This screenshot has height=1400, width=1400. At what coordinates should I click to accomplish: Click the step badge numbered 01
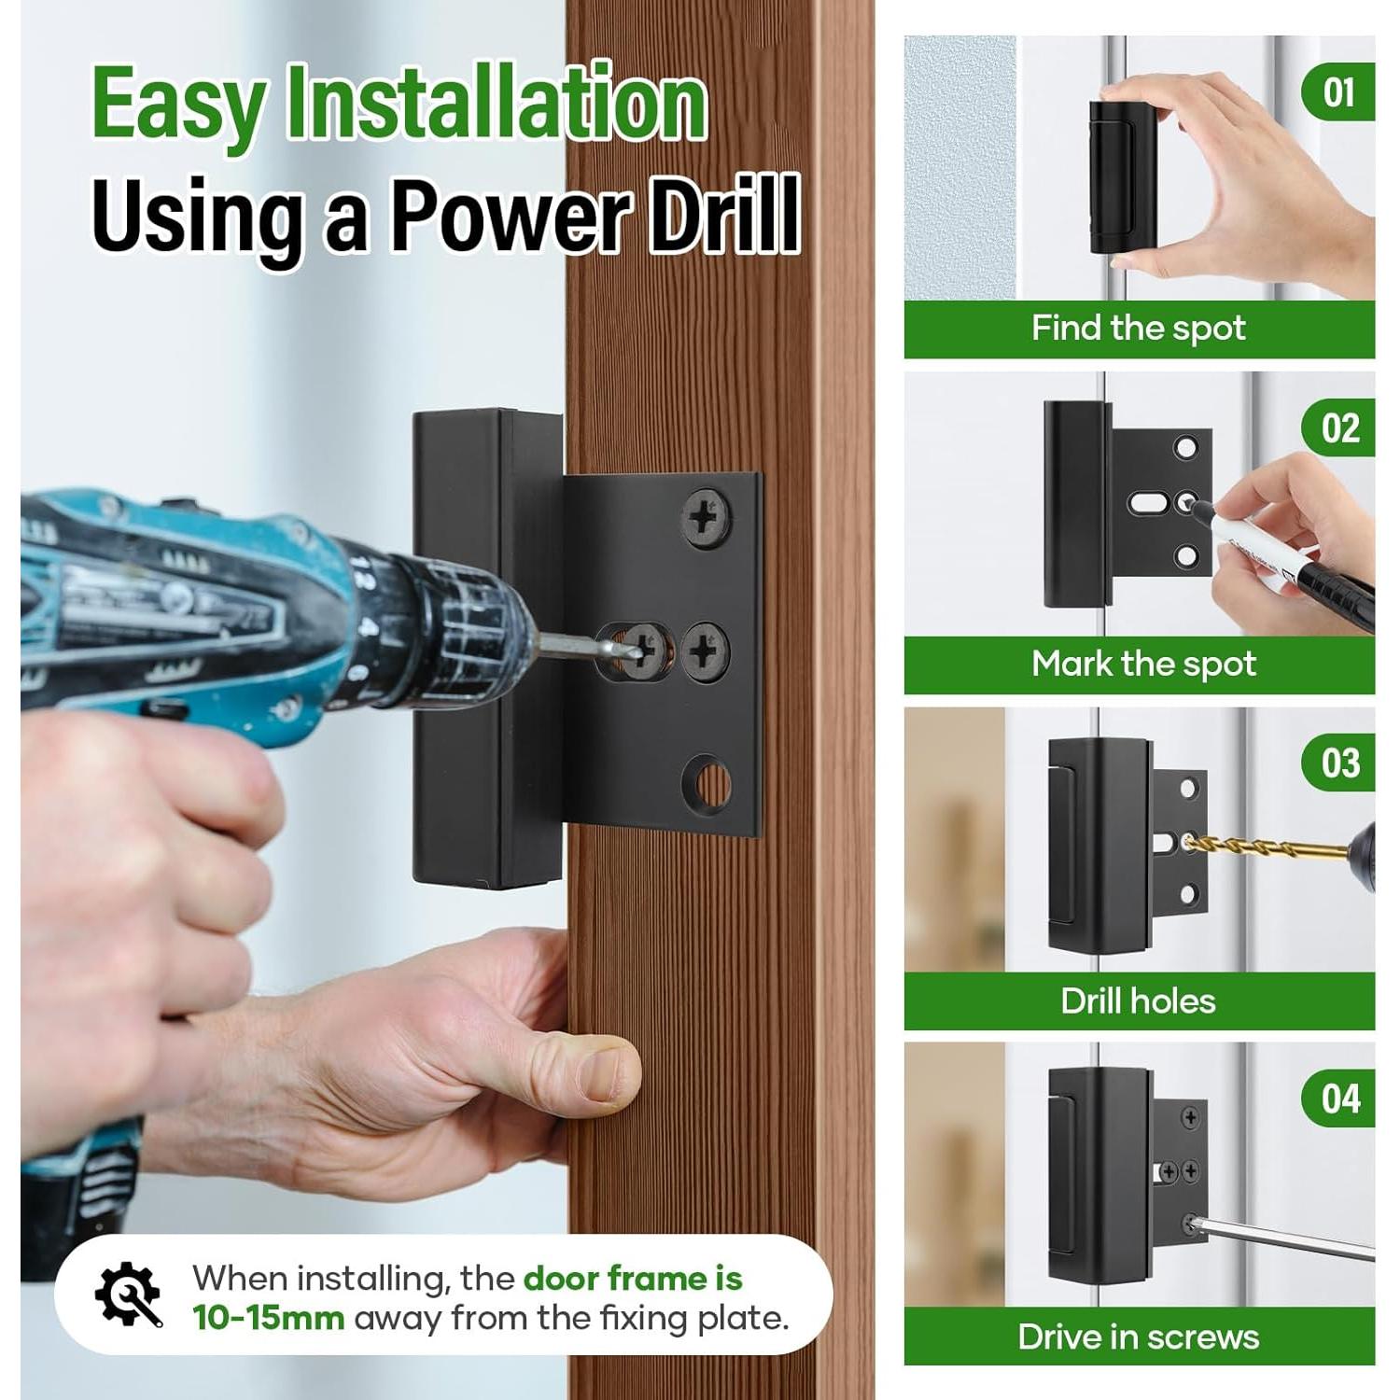click(1338, 92)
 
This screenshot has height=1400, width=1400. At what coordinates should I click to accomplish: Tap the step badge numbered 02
click(1338, 428)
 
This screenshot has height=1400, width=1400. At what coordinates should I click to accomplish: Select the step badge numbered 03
click(1338, 763)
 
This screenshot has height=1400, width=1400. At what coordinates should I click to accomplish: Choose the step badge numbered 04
click(1338, 1099)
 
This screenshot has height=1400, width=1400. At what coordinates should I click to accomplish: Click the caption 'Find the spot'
click(1138, 329)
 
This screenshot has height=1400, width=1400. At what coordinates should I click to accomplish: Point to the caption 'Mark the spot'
click(1142, 665)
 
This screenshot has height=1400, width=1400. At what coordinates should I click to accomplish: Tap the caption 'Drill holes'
click(1138, 1001)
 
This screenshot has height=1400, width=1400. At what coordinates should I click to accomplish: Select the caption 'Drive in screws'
click(1138, 1337)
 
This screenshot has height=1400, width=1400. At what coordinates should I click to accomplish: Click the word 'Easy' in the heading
click(177, 105)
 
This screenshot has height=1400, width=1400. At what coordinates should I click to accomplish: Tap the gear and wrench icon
click(128, 1294)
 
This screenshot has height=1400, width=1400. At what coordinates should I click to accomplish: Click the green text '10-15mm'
click(268, 1319)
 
